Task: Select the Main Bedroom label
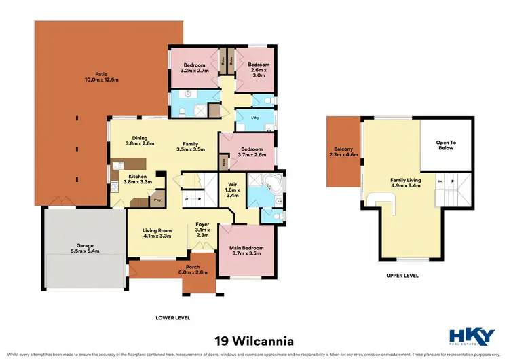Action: tap(246, 251)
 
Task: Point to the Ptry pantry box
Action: tap(157, 200)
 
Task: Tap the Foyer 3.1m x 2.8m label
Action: tap(202, 230)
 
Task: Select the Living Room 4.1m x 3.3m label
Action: tap(157, 234)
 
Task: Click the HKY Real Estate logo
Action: tap(473, 338)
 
